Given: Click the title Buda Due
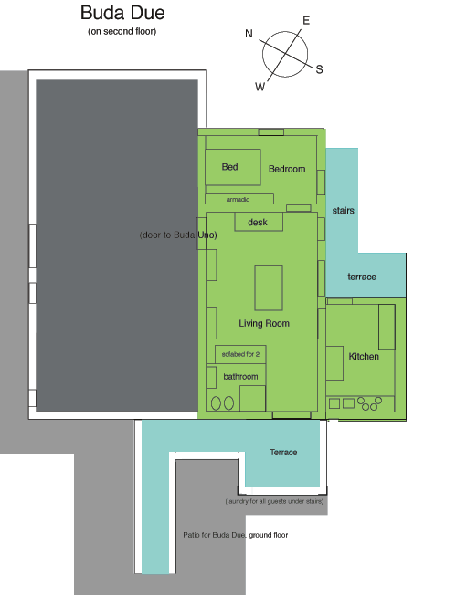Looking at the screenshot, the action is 122,13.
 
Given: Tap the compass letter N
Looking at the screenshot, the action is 249,34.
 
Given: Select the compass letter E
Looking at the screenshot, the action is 306,20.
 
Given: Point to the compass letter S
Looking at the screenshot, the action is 319,69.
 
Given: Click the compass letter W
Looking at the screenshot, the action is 260,87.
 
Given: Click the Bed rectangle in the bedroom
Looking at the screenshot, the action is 232,167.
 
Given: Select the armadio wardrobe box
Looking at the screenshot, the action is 239,199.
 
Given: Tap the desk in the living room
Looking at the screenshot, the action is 259,222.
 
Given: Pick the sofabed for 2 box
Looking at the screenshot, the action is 240,354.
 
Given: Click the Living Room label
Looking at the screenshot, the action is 264,323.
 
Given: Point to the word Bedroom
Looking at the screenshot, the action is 287,169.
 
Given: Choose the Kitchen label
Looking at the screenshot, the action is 364,356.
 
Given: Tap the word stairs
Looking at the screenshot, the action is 343,211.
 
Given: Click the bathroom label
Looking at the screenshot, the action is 240,376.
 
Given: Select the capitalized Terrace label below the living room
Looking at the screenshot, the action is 283,453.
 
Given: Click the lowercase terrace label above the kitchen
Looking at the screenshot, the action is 362,277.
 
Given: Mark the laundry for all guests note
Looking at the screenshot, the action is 274,501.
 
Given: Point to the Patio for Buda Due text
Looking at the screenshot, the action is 236,535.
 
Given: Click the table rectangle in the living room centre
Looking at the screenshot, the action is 269,287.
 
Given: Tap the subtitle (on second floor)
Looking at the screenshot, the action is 122,32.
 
